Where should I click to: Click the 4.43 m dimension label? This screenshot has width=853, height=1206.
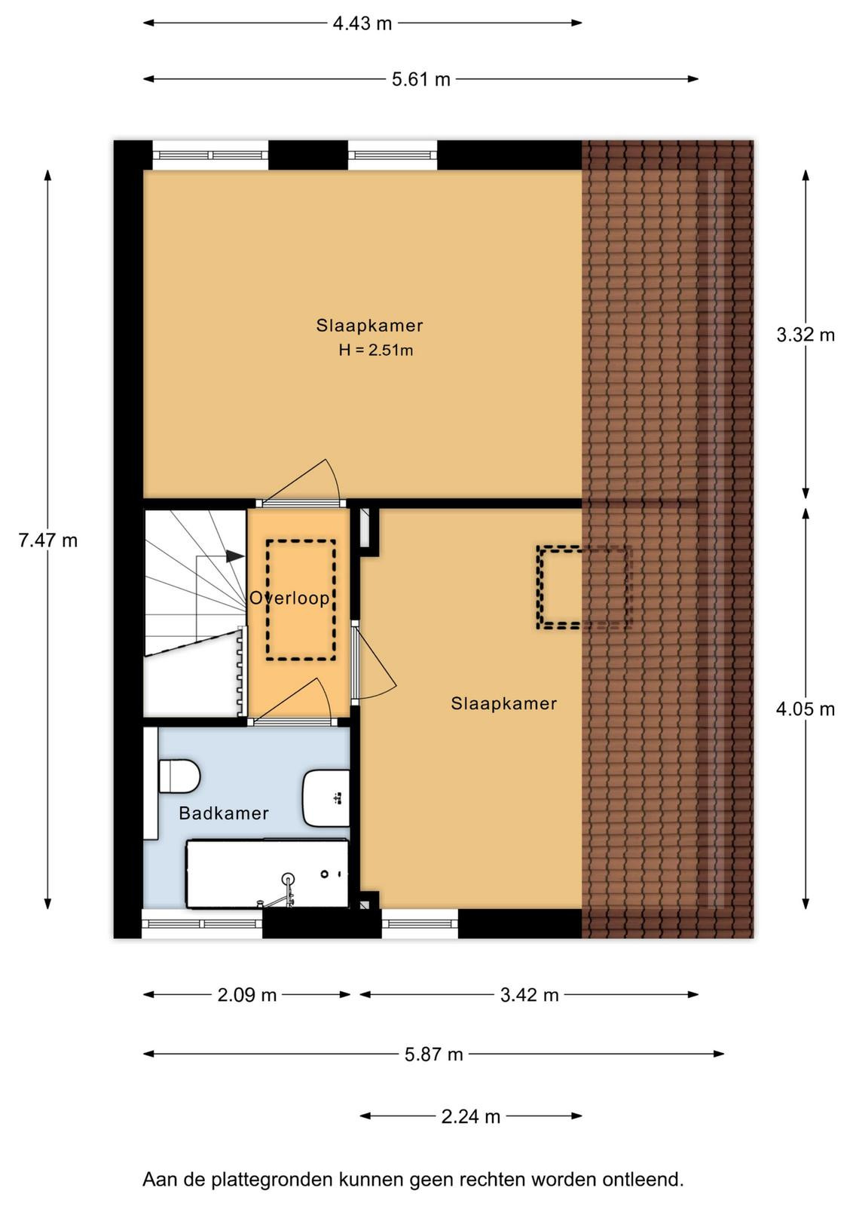[x=362, y=23]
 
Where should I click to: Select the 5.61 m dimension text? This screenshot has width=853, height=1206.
[x=421, y=80]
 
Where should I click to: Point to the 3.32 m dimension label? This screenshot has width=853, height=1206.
[x=805, y=335]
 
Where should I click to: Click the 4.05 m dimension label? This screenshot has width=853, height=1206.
[x=805, y=709]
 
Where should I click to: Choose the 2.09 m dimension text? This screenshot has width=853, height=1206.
[x=247, y=995]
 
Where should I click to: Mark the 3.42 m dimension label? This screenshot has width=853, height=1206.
[x=530, y=995]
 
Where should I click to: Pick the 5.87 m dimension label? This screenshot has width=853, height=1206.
[x=434, y=1054]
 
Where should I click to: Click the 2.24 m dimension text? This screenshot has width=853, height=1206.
[x=471, y=1116]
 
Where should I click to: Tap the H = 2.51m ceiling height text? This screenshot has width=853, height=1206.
[x=376, y=350]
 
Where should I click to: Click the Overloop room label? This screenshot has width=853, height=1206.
[x=289, y=598]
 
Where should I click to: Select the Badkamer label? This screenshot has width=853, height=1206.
[x=224, y=813]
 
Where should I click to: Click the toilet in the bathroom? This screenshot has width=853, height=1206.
[x=180, y=776]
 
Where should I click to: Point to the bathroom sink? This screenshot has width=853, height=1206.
[x=326, y=798]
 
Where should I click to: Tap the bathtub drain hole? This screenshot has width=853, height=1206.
[x=325, y=874]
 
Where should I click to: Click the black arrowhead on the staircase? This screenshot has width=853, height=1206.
[x=235, y=556]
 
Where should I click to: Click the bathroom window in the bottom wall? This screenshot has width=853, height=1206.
[x=202, y=924]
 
